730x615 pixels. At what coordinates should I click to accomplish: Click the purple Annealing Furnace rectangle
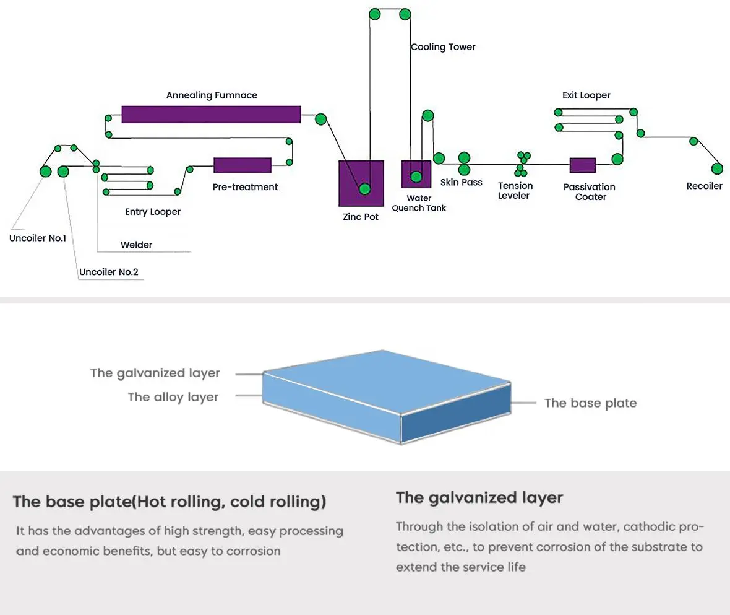coord(211,115)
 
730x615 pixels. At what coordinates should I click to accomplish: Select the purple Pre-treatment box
coord(243,165)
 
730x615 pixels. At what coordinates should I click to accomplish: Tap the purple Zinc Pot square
coord(361,183)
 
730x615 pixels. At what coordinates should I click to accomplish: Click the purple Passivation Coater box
coord(582,165)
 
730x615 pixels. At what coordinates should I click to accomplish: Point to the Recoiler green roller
coord(717,168)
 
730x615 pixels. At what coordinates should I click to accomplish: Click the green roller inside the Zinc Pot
coord(364,189)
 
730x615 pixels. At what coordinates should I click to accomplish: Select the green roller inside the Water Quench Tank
coord(416,177)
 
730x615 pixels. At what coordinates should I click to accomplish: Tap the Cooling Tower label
coord(443,47)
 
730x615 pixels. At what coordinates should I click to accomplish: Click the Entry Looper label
coord(153,212)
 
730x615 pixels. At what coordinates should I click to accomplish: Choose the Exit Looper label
coord(586,95)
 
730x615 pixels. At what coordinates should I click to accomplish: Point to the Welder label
coord(136,245)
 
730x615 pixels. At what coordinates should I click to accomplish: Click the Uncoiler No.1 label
coord(38,238)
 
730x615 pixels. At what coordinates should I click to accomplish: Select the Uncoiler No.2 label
coord(109,272)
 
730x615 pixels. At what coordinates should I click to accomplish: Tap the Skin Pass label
coord(461,183)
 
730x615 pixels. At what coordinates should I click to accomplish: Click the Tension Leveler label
coord(515,191)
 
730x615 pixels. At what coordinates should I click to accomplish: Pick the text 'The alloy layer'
coord(173,397)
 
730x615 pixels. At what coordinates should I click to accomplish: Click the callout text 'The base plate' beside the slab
coord(590,403)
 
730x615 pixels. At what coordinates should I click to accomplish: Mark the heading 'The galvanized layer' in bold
coord(479,497)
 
